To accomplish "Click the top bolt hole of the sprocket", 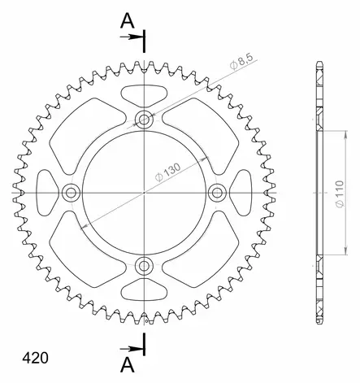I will click(145, 120).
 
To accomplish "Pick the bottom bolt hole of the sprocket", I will click(145, 264).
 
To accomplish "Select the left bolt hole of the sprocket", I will click(72, 192).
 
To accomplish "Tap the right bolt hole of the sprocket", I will click(217, 192).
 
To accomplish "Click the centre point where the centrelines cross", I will click(145, 192).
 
